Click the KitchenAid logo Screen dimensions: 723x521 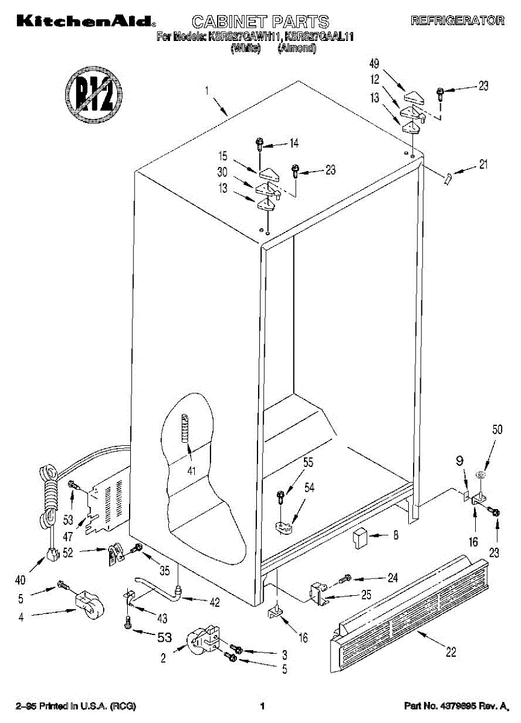click(x=85, y=22)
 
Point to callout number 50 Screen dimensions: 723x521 click(x=497, y=430)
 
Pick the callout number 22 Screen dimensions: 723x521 click(x=450, y=651)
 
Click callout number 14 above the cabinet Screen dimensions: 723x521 click(x=294, y=143)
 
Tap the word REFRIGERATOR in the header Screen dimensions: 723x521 click(x=457, y=21)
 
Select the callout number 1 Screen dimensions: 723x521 click(x=206, y=92)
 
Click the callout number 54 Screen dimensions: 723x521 click(x=309, y=488)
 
